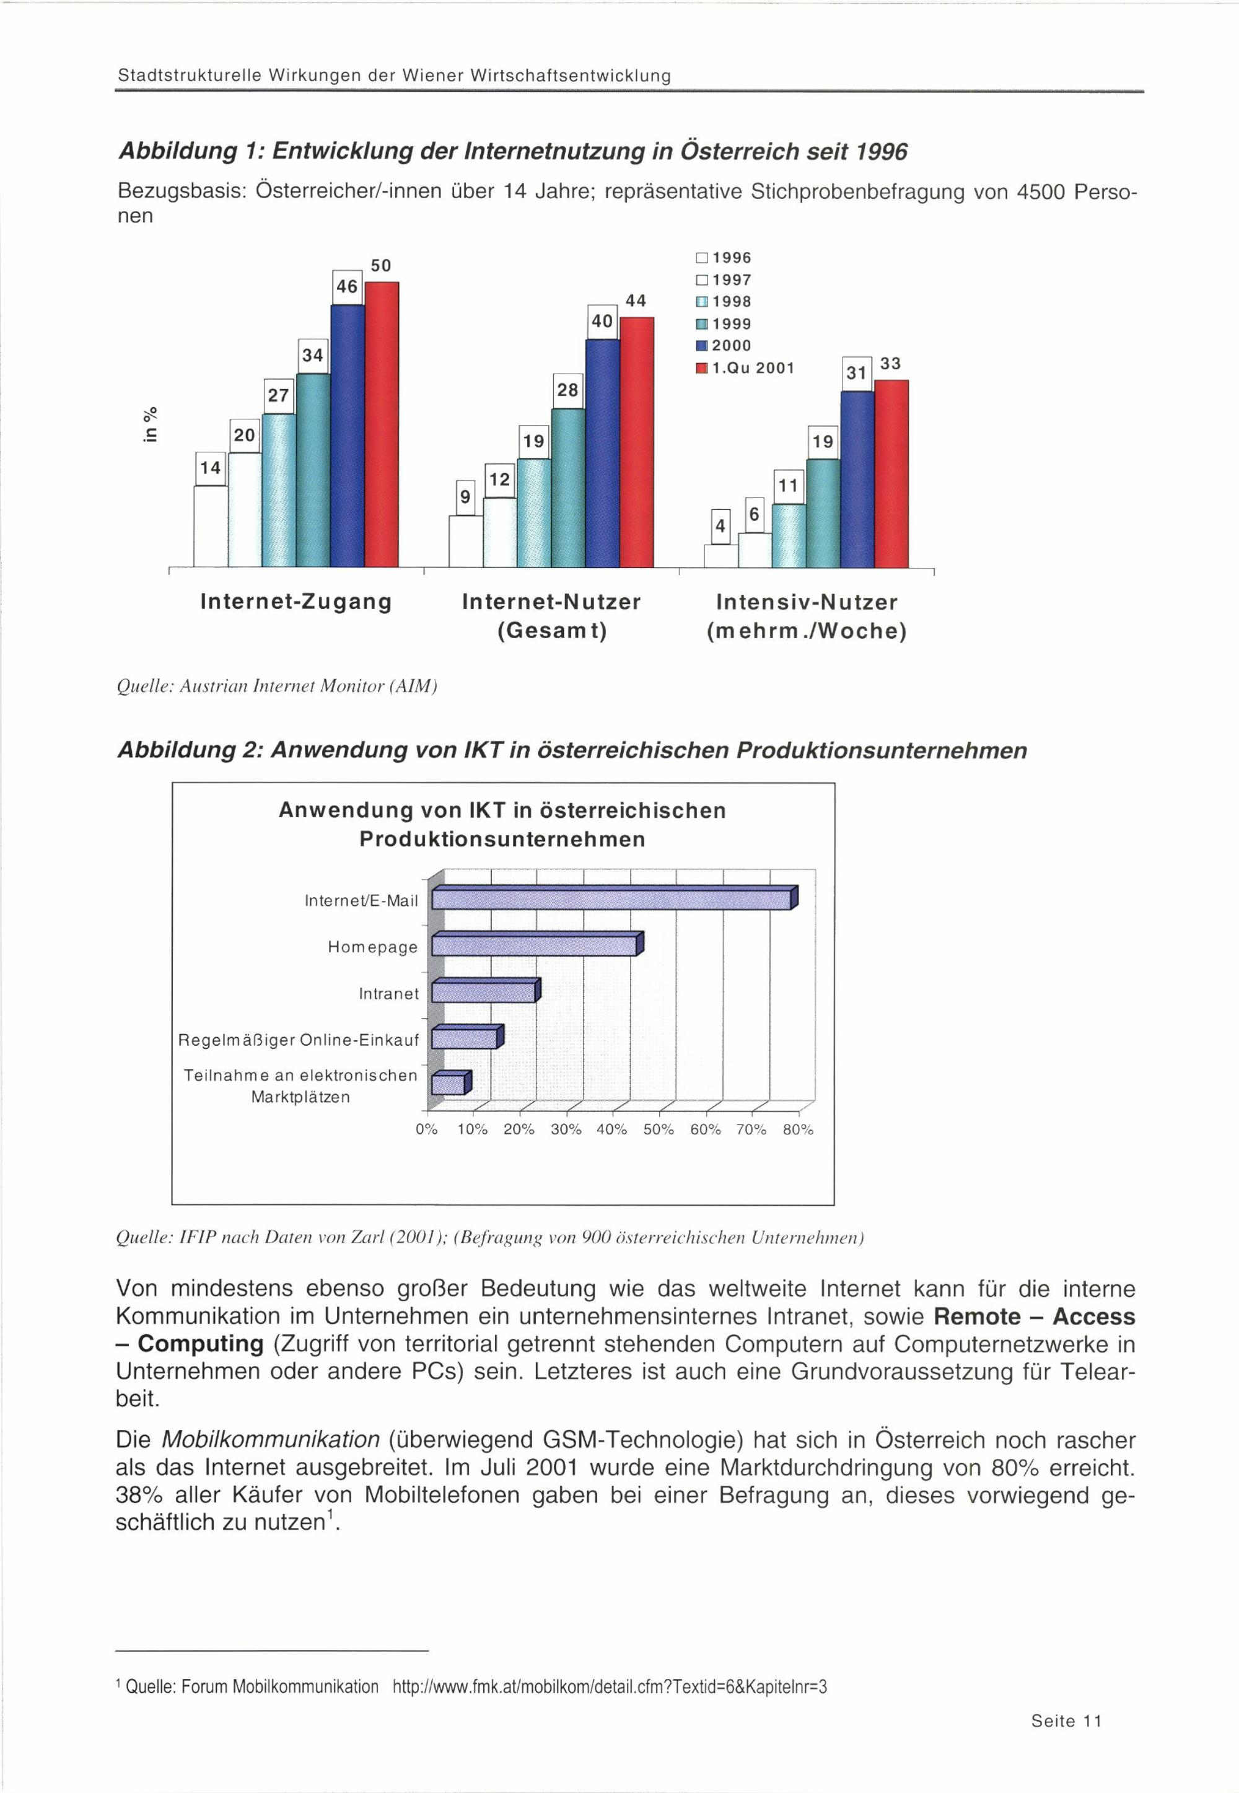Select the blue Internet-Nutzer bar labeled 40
tap(602, 454)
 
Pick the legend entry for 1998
tap(724, 302)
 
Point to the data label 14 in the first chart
tap(211, 468)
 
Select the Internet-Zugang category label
tap(296, 602)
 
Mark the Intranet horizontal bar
tap(484, 993)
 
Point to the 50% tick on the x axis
tap(659, 1130)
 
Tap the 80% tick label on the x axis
tap(798, 1130)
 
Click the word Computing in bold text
tap(201, 1344)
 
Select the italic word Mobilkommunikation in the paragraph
tap(270, 1440)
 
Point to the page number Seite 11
tap(1066, 1721)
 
